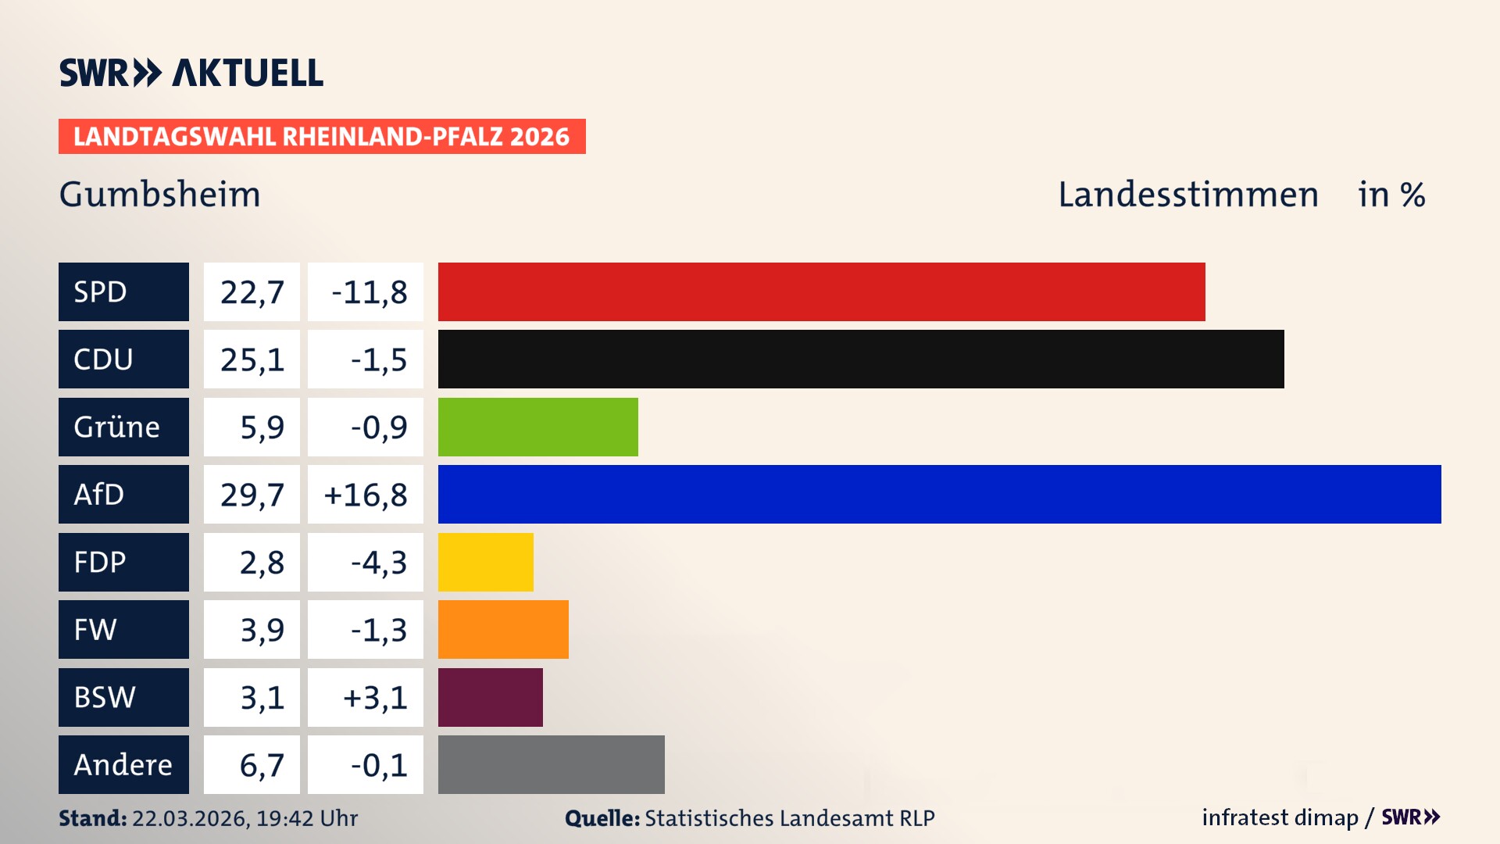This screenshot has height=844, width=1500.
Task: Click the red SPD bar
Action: (821, 291)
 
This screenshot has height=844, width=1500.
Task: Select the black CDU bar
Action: (860, 359)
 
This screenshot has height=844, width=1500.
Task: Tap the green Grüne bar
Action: (537, 427)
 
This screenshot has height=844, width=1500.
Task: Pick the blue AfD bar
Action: (939, 494)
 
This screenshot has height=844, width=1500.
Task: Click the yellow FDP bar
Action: (485, 562)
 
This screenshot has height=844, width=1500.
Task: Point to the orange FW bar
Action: (503, 629)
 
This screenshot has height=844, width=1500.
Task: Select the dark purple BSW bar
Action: (490, 697)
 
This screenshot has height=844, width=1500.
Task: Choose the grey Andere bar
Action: (551, 764)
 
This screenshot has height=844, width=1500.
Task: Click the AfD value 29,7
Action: (252, 494)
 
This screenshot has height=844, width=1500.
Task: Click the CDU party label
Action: (123, 359)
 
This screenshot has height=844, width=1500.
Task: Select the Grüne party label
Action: (123, 427)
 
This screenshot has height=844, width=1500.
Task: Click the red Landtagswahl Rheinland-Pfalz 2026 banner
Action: (321, 136)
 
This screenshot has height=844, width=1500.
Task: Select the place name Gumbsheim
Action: (159, 194)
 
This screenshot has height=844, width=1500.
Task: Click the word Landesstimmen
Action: (1187, 194)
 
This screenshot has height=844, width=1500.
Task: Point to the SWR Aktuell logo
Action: (191, 73)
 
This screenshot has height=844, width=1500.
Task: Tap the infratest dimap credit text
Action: (1280, 817)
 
